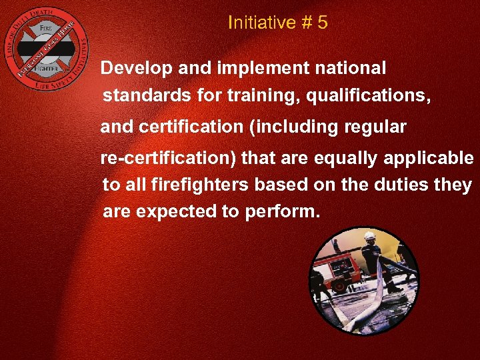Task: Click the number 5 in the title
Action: tap(322, 23)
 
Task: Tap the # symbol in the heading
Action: tap(305, 23)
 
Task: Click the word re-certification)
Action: tap(168, 159)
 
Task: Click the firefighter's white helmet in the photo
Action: tap(370, 236)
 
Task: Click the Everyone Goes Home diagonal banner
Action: tap(46, 48)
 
